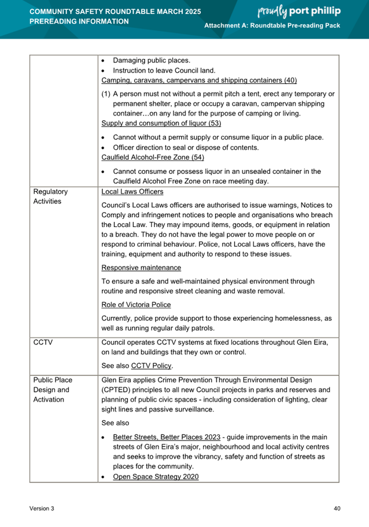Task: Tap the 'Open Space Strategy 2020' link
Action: (156, 476)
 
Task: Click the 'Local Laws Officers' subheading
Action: (132, 191)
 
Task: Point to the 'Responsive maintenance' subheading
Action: (141, 268)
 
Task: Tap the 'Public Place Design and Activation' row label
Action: (54, 389)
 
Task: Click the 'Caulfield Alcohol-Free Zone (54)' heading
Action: (153, 157)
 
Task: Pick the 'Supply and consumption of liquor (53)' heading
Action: (161, 123)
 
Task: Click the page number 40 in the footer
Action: (337, 508)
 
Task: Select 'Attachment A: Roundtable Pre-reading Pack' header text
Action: (272, 27)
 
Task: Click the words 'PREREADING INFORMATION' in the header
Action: (79, 21)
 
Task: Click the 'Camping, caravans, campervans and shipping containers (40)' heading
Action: (199, 80)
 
